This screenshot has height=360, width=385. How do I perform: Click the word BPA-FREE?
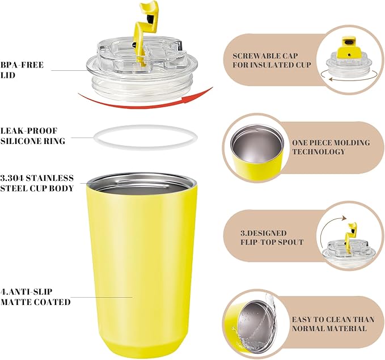pos(22,65)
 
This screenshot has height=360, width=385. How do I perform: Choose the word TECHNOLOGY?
pos(319,151)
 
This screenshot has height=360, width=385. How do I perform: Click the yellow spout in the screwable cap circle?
pos(347,47)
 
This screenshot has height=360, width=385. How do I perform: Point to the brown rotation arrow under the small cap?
pos(348,79)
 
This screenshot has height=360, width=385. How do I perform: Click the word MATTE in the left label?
pos(16,302)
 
